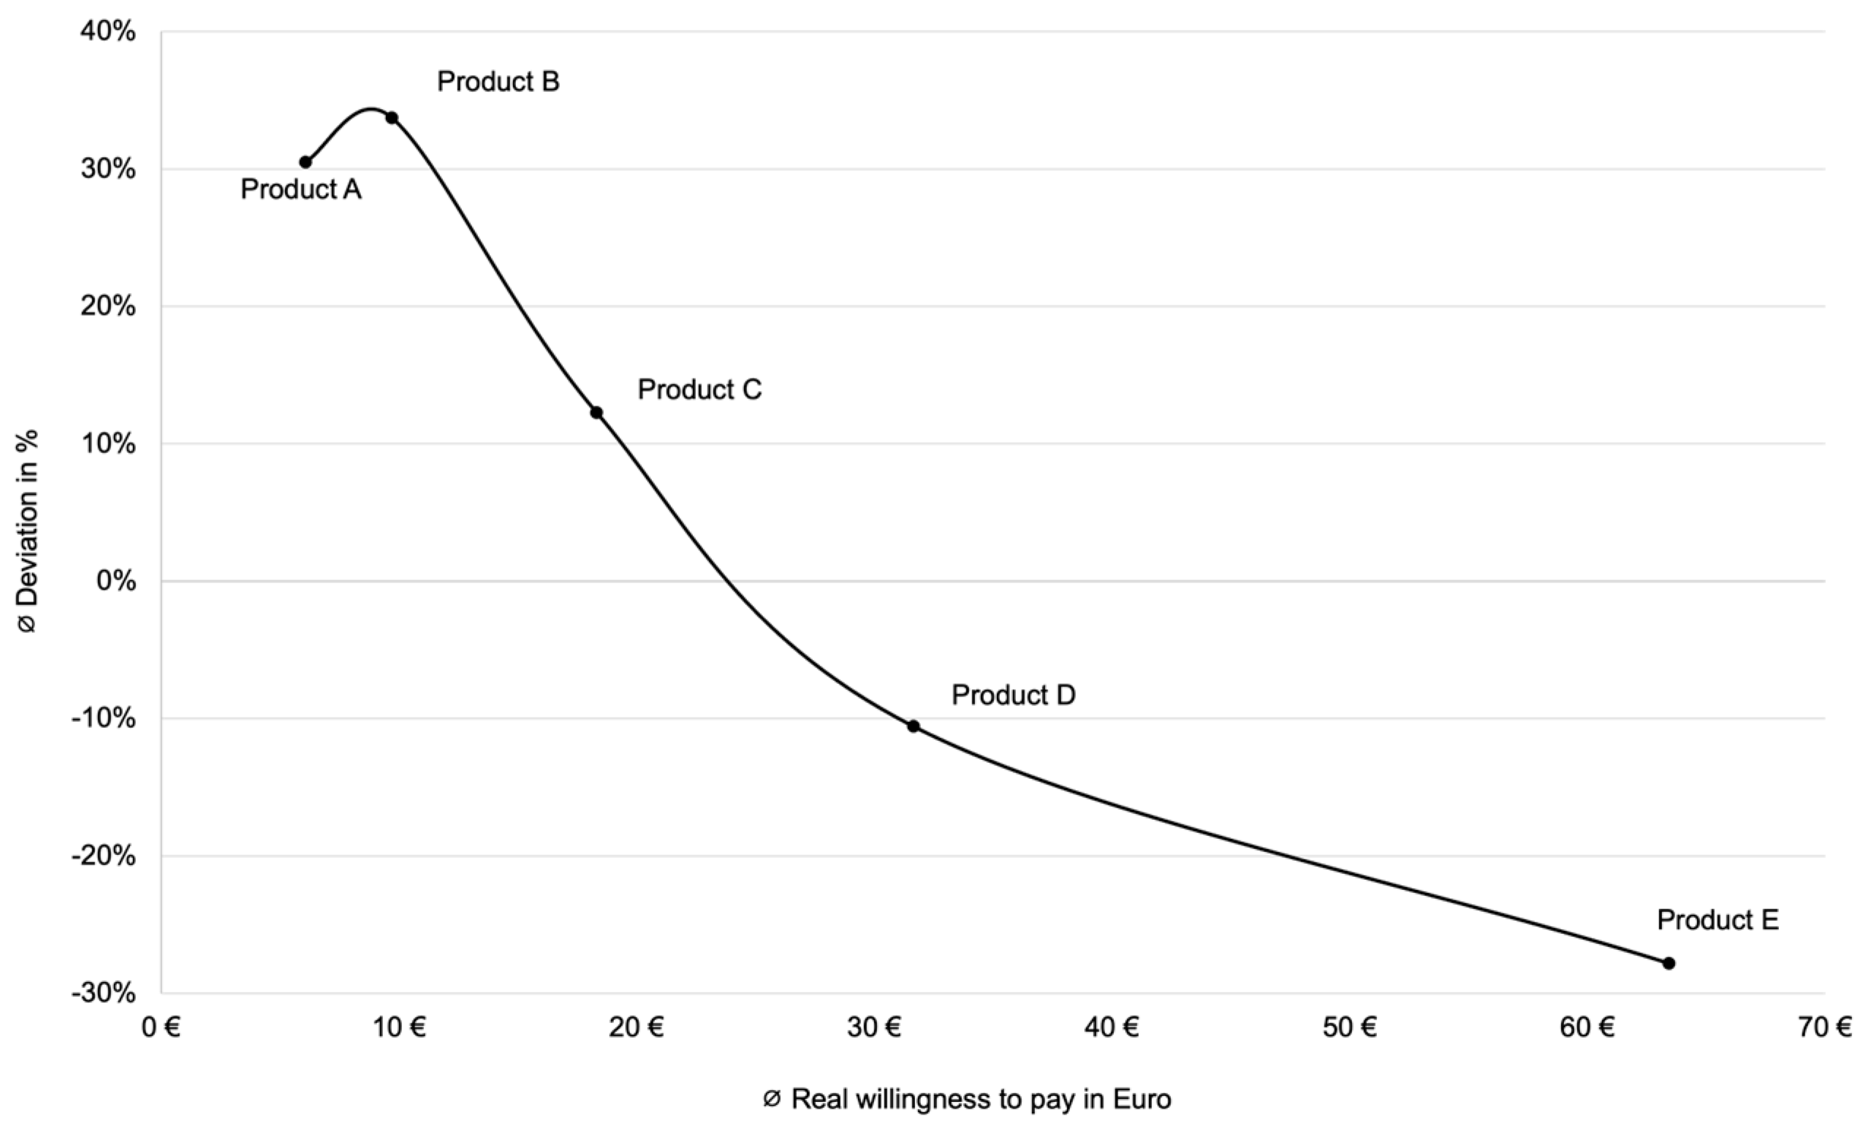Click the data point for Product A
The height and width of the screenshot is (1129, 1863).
tap(306, 161)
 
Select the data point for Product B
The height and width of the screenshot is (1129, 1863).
tap(392, 118)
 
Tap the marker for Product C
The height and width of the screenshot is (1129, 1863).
tap(596, 412)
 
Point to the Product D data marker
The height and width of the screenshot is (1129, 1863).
tap(914, 726)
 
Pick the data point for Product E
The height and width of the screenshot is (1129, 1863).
tap(1669, 962)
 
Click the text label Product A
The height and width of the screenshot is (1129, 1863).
tap(301, 190)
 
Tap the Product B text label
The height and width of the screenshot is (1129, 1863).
tap(498, 82)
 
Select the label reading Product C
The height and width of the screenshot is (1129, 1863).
tap(699, 389)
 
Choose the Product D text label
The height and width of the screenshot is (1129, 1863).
tap(1013, 695)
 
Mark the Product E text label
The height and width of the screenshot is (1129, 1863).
tap(1718, 919)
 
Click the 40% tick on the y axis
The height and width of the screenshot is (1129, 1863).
tap(108, 31)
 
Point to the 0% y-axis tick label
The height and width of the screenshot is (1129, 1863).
tap(116, 581)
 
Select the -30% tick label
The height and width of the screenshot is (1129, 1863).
tap(104, 992)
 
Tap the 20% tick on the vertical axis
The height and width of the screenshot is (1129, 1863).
tap(108, 306)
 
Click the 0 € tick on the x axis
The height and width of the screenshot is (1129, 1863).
tap(161, 1027)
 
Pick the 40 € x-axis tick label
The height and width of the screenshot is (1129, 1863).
tap(1112, 1027)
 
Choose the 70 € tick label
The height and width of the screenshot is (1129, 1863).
tap(1825, 1027)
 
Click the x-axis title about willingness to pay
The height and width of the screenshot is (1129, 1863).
tap(967, 1099)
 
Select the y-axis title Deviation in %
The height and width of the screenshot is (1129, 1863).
tap(27, 530)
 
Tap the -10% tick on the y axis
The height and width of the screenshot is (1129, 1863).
tap(104, 718)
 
